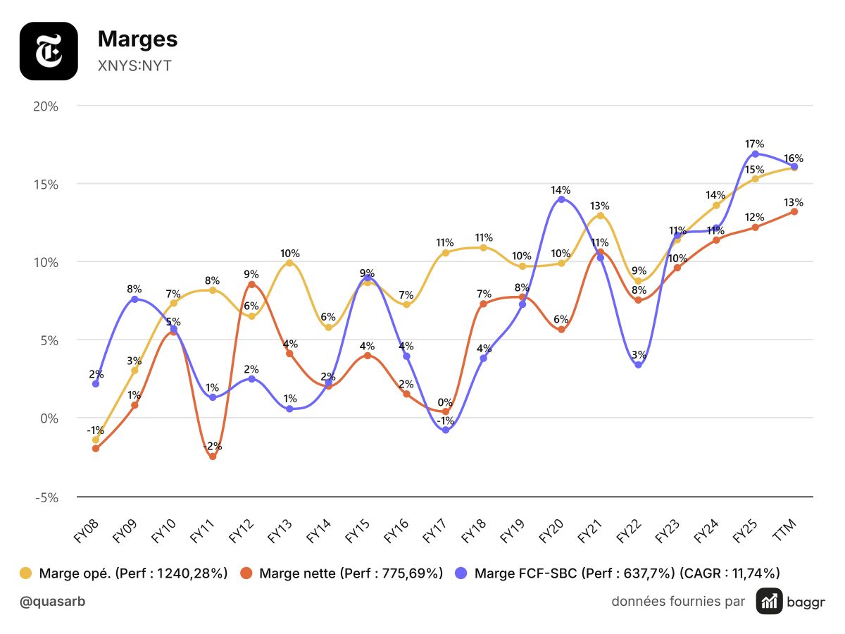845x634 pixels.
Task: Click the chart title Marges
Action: tap(137, 39)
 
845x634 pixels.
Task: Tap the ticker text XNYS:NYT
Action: tap(134, 66)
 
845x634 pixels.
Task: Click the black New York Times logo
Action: tap(49, 51)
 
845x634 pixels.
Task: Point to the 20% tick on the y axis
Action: tap(46, 106)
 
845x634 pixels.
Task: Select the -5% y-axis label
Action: tap(46, 498)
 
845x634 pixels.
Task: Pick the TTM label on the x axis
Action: tap(784, 529)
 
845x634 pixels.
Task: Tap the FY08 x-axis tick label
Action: tap(86, 530)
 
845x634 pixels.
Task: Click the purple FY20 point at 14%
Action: tap(561, 199)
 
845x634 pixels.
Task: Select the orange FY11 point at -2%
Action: tap(213, 456)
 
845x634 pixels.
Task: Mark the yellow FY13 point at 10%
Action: tap(290, 263)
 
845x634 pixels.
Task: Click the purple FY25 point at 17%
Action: tap(756, 154)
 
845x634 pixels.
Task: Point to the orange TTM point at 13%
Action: tap(794, 212)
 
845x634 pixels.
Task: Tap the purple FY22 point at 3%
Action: tap(639, 364)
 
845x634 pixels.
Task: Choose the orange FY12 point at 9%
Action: tap(251, 285)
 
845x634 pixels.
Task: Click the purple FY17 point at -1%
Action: tap(446, 430)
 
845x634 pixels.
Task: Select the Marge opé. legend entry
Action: tap(123, 573)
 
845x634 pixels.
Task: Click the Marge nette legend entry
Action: tap(342, 573)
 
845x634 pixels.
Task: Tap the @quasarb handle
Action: tap(52, 602)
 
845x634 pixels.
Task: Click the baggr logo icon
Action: tap(769, 602)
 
